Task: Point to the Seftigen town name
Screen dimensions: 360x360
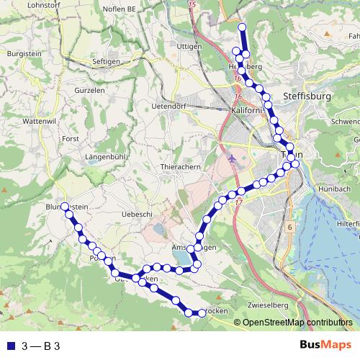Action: pyautogui.click(x=107, y=62)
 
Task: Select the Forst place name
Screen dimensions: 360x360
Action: pyautogui.click(x=70, y=138)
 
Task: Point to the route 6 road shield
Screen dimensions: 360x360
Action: pyautogui.click(x=290, y=227)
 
